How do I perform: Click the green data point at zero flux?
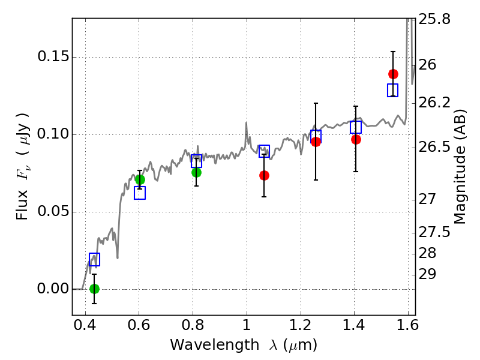click(x=94, y=289)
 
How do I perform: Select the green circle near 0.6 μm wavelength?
click(x=140, y=179)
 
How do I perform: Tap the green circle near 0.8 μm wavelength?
click(x=196, y=172)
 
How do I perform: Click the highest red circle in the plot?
click(x=393, y=74)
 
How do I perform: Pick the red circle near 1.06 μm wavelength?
click(x=264, y=175)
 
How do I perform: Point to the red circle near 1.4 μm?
click(x=356, y=140)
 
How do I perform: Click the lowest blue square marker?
click(x=94, y=259)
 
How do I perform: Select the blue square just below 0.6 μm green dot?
click(x=140, y=193)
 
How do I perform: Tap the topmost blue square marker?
click(x=392, y=90)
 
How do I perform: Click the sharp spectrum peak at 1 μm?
click(x=246, y=122)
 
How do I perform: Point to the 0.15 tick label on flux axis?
click(x=53, y=56)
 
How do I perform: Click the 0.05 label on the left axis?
click(x=53, y=212)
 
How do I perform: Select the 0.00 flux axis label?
click(x=53, y=289)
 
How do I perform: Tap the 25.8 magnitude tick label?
click(x=434, y=19)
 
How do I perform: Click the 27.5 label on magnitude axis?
click(x=434, y=232)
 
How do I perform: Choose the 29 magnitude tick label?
click(x=427, y=274)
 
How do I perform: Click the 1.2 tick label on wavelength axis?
click(x=301, y=325)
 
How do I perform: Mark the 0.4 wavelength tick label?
click(x=85, y=325)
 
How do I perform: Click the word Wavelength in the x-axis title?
click(x=215, y=345)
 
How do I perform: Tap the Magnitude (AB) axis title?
click(x=459, y=167)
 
